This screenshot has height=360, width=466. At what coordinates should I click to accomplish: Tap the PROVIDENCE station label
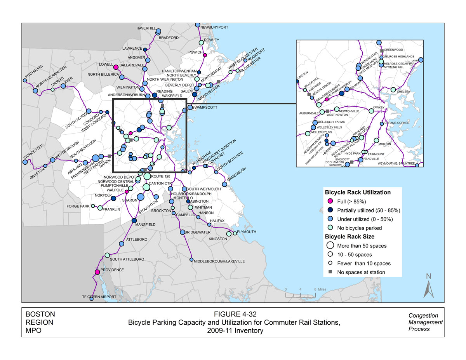[x=112, y=270]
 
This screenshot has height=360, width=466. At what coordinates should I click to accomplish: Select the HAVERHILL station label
[x=146, y=28]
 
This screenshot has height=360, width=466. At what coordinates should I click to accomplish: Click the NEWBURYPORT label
[x=214, y=27]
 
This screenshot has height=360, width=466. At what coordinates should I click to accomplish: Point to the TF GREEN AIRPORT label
[x=99, y=297]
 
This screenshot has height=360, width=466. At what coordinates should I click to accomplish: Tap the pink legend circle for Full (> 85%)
[x=330, y=201]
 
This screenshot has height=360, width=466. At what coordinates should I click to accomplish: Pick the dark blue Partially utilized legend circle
[x=330, y=210]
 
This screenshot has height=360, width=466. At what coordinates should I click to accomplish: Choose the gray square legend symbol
[x=330, y=272]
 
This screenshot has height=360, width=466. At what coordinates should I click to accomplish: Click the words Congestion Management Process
[x=425, y=322]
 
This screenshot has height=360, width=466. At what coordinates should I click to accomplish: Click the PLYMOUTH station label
[x=247, y=232]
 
